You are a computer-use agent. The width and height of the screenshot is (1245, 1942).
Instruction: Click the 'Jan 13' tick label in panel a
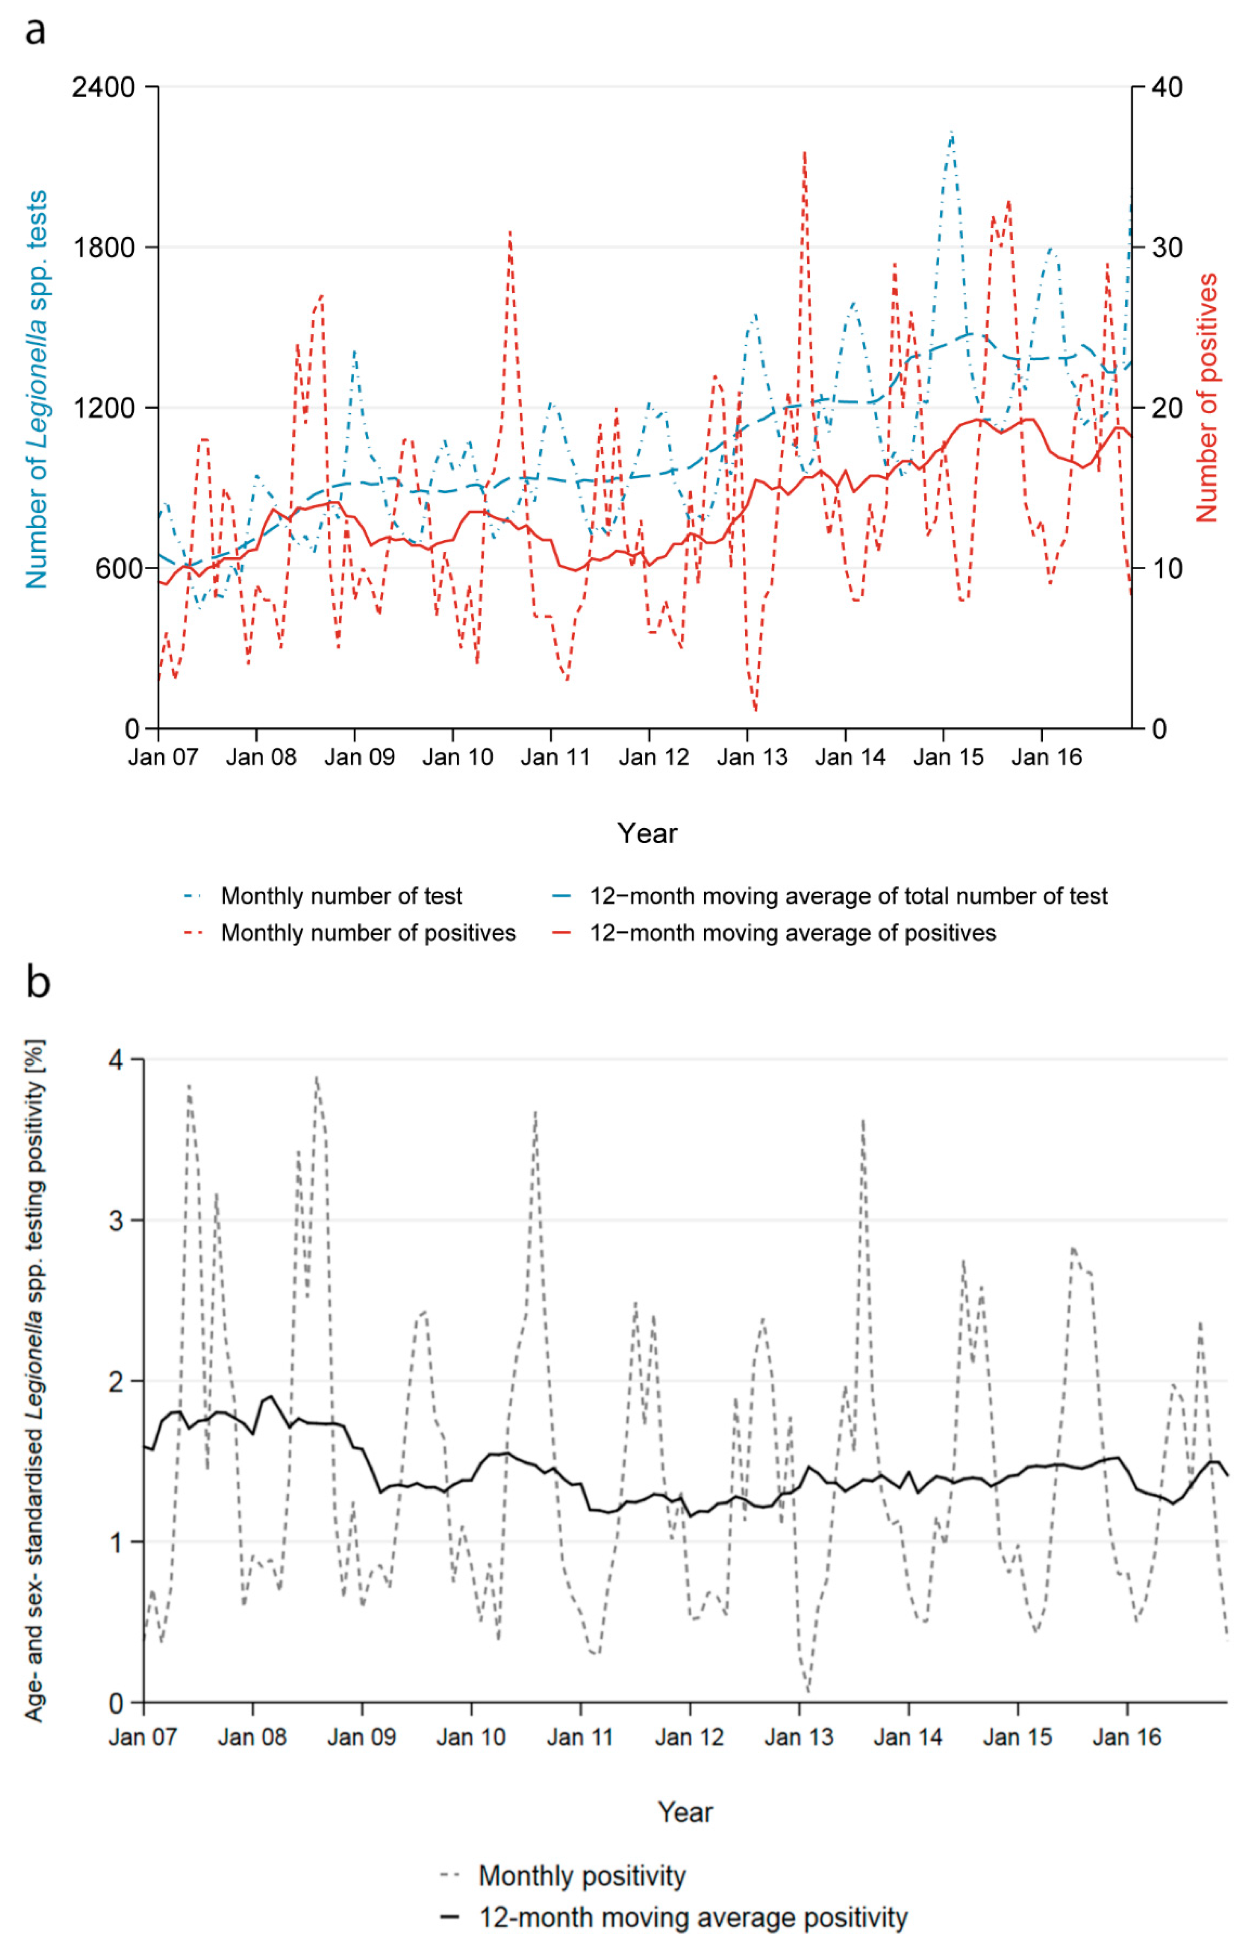(752, 757)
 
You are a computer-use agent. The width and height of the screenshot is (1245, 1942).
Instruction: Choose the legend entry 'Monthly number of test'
(341, 896)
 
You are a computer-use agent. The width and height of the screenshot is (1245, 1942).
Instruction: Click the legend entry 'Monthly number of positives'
(368, 933)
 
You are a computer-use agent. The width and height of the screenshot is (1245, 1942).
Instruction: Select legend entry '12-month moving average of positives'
(792, 933)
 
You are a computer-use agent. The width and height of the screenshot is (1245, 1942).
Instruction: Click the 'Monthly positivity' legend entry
(581, 1875)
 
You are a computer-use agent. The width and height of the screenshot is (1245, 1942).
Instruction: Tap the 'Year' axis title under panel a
(647, 833)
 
